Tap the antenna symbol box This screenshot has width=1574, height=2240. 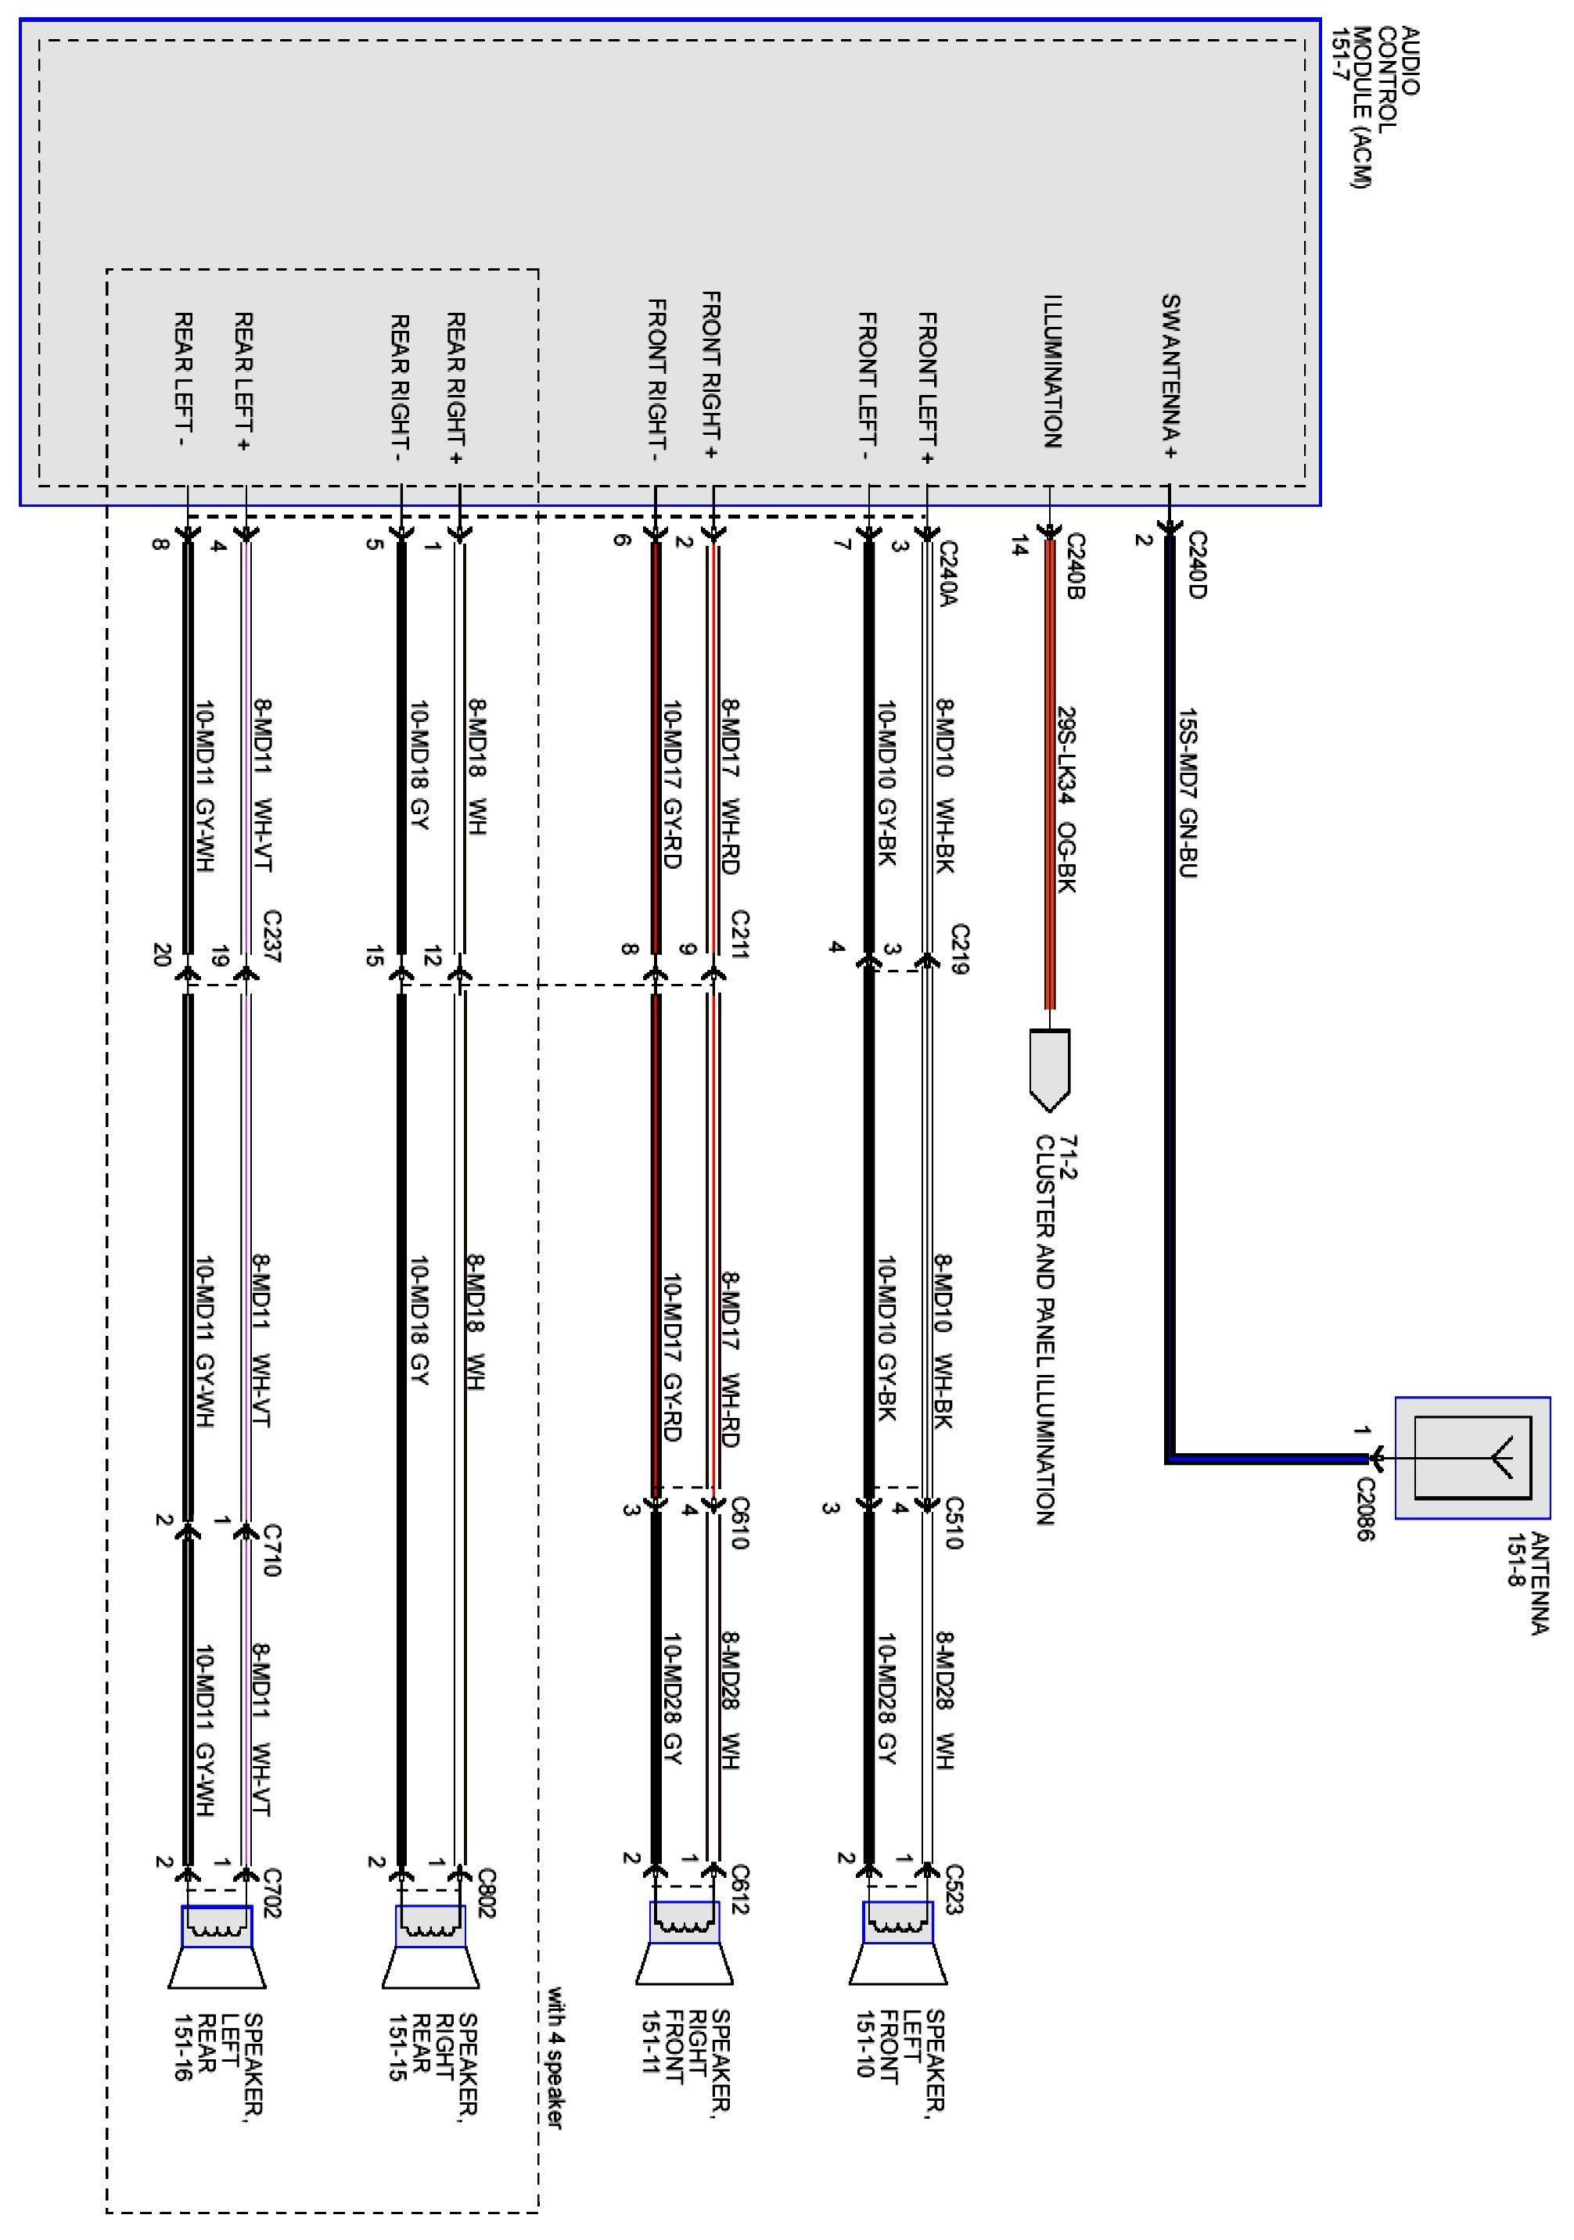tap(1472, 1458)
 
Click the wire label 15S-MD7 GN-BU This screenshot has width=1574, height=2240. tap(1188, 792)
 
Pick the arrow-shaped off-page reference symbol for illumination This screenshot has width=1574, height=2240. tap(1050, 1068)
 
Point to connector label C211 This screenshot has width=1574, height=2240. tap(740, 935)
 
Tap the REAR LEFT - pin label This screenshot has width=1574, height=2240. tap(184, 379)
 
